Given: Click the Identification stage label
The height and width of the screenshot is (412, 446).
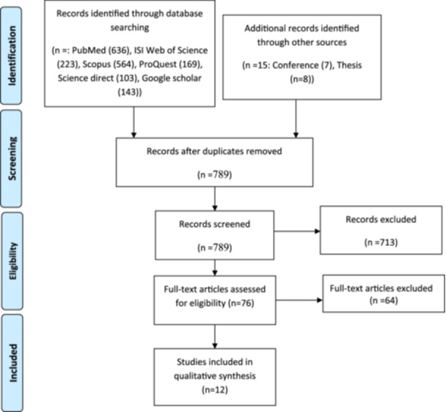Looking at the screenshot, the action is click(x=12, y=56).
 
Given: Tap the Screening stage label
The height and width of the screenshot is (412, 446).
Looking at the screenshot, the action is click(x=12, y=158).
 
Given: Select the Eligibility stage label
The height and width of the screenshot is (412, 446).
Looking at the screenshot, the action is click(x=12, y=261).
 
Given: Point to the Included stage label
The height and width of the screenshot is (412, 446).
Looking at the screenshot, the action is click(x=13, y=363).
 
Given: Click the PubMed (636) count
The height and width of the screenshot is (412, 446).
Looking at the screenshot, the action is click(x=100, y=51).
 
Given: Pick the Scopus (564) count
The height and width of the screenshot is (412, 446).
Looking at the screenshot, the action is click(x=109, y=65).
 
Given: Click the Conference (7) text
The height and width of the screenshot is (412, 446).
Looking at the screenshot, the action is click(x=302, y=65).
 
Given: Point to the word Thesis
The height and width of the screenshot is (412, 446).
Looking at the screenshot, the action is click(x=350, y=65).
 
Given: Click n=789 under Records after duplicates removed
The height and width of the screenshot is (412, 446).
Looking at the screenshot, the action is click(x=215, y=174).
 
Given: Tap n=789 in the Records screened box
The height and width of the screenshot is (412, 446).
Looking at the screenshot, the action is click(x=215, y=247).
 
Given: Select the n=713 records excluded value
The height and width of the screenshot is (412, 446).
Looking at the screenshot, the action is click(x=381, y=242).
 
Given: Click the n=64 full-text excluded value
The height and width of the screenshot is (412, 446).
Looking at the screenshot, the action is click(x=384, y=301).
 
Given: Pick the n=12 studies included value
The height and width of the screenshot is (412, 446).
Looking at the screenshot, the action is click(x=215, y=389).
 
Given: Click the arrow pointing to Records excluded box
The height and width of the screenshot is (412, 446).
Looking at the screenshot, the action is click(x=297, y=231).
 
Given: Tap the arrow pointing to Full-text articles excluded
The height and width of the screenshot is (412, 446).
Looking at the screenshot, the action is click(x=299, y=300).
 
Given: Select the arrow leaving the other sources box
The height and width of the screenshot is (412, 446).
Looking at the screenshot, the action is click(x=296, y=119).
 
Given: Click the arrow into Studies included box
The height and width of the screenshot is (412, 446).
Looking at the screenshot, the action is click(x=215, y=336).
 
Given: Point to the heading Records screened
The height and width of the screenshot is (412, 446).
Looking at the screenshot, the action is click(x=215, y=224).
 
